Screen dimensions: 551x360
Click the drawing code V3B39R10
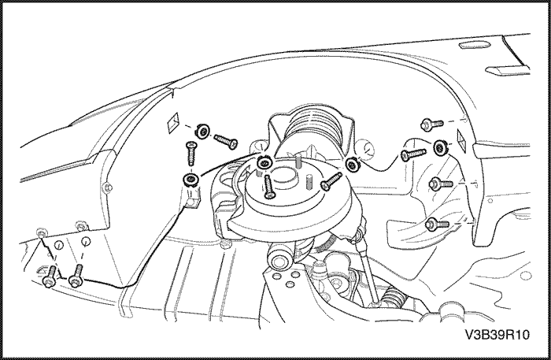click(497, 335)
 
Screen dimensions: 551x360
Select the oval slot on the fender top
click(474, 44)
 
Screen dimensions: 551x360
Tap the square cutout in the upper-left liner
click(173, 122)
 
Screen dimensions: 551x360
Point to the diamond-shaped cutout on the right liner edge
click(460, 137)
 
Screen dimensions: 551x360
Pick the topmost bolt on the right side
click(432, 124)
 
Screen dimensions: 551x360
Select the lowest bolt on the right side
click(437, 224)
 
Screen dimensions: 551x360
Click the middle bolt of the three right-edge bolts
click(441, 184)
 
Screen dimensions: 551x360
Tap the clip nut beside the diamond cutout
click(440, 147)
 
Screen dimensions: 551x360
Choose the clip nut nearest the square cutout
click(202, 131)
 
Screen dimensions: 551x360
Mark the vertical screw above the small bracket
click(190, 153)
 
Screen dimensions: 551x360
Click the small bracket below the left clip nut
click(192, 199)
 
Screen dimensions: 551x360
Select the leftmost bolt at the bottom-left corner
click(49, 276)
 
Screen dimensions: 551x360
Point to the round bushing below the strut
click(279, 260)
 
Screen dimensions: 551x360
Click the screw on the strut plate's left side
click(268, 186)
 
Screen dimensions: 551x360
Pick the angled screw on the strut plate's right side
click(331, 181)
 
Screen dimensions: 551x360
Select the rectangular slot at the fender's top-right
click(507, 70)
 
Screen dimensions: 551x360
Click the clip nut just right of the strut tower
click(351, 164)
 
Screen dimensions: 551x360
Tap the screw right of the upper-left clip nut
click(226, 141)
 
